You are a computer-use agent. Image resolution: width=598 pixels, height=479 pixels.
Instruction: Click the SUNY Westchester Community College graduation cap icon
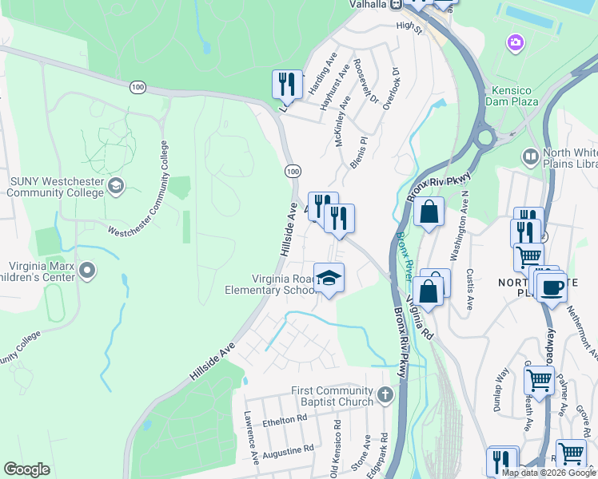tap(117, 187)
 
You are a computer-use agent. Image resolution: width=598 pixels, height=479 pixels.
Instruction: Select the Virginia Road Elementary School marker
tap(329, 278)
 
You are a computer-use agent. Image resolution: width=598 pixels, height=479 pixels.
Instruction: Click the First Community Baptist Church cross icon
tap(385, 394)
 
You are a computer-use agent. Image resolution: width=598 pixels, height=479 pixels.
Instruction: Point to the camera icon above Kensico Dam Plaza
tap(516, 42)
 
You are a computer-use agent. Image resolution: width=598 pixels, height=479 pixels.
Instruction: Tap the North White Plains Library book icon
tap(529, 156)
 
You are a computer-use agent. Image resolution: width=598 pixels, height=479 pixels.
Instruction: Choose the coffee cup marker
tap(552, 287)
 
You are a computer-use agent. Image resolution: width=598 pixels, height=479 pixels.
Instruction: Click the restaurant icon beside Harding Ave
tap(287, 84)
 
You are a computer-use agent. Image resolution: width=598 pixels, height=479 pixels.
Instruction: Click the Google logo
tap(26, 469)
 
